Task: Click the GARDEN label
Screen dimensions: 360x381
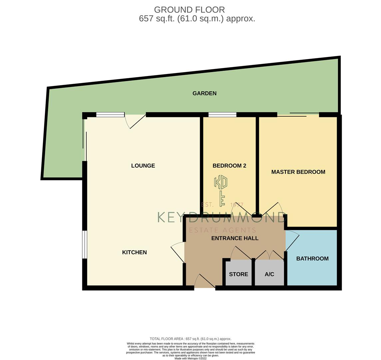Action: (x=204, y=93)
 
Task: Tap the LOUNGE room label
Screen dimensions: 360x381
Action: (x=143, y=166)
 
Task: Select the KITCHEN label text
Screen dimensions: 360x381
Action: (x=134, y=252)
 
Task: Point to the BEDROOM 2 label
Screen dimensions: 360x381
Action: (x=229, y=166)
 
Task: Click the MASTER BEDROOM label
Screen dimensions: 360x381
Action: (x=298, y=172)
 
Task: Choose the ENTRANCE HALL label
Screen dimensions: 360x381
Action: (x=235, y=238)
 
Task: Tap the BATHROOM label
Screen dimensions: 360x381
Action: (x=312, y=258)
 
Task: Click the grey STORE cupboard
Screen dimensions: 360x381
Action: (x=238, y=274)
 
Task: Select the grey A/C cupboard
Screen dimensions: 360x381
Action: (x=269, y=274)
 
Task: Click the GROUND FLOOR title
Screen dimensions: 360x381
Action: (x=189, y=10)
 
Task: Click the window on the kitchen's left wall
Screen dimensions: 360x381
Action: (x=85, y=244)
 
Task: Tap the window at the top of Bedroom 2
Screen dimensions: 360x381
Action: (x=222, y=115)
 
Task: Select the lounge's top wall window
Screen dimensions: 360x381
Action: (x=110, y=115)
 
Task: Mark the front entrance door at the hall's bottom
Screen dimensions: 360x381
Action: (x=204, y=282)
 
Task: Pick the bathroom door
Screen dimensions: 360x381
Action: (x=292, y=242)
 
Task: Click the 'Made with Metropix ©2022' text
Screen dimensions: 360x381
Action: (x=190, y=358)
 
